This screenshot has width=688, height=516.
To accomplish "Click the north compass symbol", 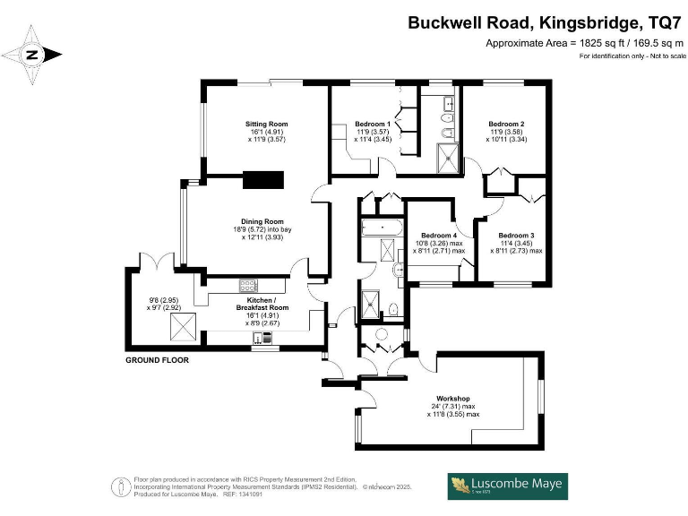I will tap(33, 55).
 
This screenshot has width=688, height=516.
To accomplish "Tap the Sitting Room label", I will tap(267, 124).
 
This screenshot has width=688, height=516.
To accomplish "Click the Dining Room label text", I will tap(262, 221).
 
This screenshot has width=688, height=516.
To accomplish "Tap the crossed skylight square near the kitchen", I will tap(181, 334).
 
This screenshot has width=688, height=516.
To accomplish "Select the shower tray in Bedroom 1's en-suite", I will tap(445, 160).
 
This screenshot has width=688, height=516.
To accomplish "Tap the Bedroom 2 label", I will tap(506, 124).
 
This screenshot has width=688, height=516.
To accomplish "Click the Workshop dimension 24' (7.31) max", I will tap(454, 406).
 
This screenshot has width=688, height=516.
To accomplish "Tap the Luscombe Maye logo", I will tap(508, 486).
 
